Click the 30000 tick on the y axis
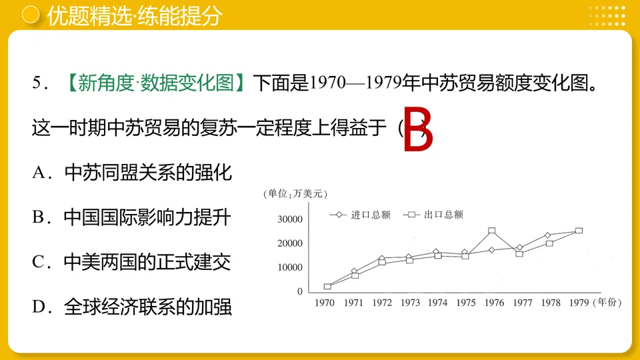click(x=291, y=219)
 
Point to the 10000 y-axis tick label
click(x=291, y=267)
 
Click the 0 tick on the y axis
click(x=299, y=291)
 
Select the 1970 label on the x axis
click(x=325, y=303)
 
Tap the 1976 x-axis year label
click(x=494, y=303)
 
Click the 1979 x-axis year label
click(x=579, y=303)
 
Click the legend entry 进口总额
click(x=360, y=215)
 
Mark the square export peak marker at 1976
click(x=491, y=231)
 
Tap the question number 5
click(x=38, y=83)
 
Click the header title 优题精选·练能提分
click(x=133, y=16)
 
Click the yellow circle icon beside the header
click(x=29, y=16)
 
